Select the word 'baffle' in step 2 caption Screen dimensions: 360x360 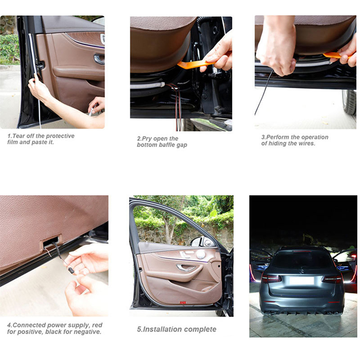click(x=164, y=145)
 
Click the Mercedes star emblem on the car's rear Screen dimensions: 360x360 click(x=302, y=272)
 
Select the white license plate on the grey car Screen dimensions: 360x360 click(x=301, y=280)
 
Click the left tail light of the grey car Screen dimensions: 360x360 click(x=271, y=278)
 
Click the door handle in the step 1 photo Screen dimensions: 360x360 click(x=99, y=59)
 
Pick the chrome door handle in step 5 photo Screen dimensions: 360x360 click(x=185, y=267)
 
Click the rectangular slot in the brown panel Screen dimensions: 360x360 click(x=52, y=242)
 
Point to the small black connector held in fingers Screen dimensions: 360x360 click(x=71, y=270)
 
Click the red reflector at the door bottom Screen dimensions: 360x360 click(x=183, y=303)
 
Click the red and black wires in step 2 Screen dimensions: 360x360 click(x=177, y=106)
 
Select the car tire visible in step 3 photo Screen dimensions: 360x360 click(x=349, y=102)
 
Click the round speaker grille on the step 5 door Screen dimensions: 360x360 click(x=201, y=254)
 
